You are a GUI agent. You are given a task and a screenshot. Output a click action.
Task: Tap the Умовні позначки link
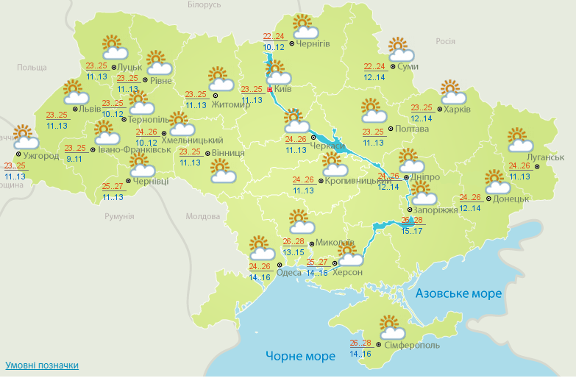(x=42, y=365)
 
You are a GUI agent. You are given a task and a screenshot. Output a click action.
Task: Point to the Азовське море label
(x=458, y=293)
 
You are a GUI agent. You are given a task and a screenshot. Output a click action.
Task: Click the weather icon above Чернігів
(x=305, y=27)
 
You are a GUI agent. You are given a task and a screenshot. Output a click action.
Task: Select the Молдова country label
(x=202, y=217)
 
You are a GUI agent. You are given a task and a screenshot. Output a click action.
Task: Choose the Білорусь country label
(x=204, y=5)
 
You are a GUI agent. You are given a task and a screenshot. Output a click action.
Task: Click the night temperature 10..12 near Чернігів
(x=272, y=47)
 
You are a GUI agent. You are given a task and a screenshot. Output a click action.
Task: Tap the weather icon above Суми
(x=401, y=51)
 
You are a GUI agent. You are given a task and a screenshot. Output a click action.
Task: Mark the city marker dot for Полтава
(x=391, y=129)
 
